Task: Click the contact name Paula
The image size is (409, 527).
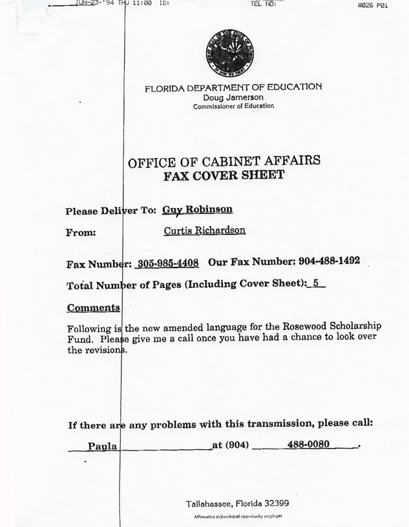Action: tap(102, 445)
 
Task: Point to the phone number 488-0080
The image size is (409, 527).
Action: tap(307, 445)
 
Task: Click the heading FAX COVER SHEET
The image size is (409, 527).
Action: tap(228, 177)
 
